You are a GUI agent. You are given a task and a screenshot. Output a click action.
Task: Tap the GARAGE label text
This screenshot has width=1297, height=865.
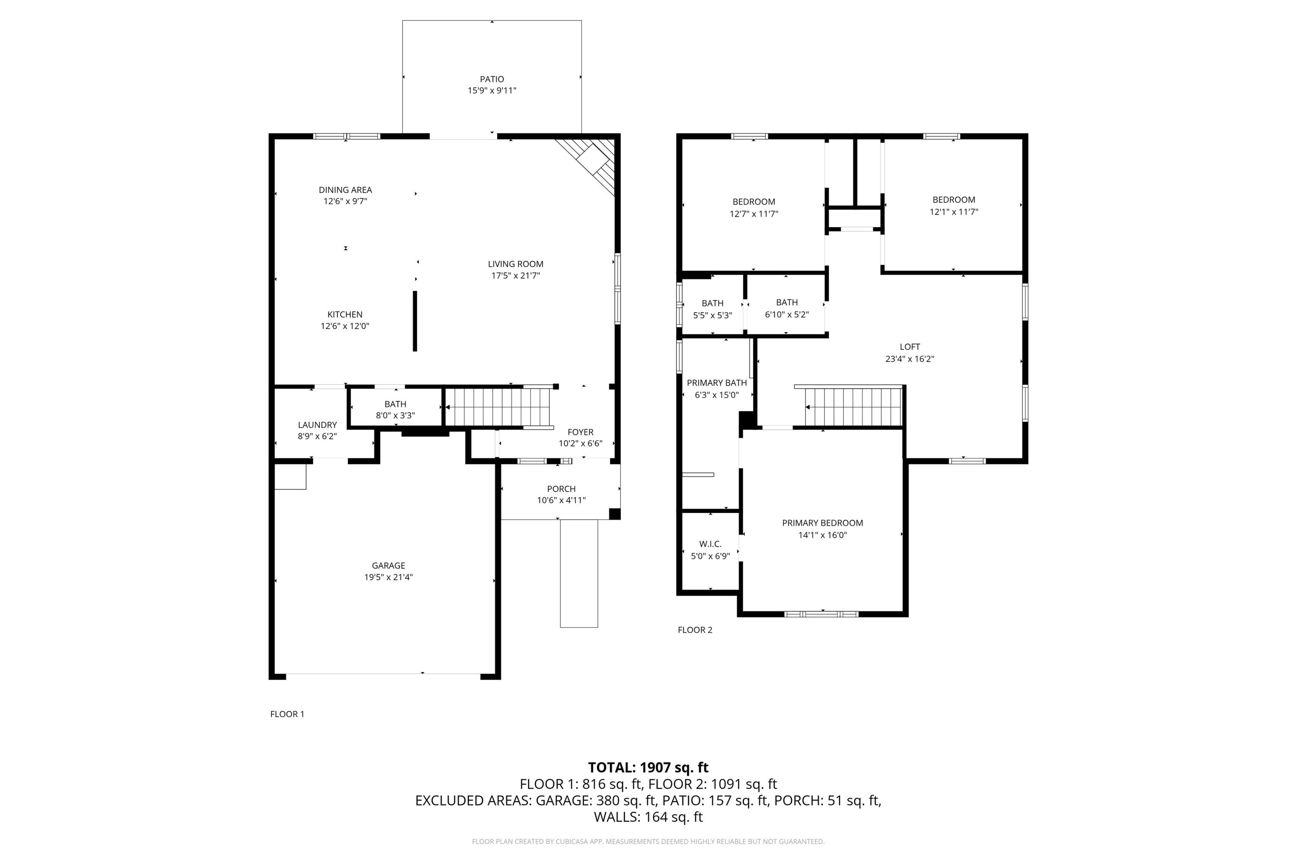pos(388,565)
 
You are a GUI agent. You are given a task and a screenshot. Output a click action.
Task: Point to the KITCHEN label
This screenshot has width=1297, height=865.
pos(345,314)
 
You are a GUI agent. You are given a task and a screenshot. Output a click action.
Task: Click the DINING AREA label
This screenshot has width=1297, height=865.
pos(345,190)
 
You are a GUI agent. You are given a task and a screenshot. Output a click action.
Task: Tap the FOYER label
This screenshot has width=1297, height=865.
pos(581,432)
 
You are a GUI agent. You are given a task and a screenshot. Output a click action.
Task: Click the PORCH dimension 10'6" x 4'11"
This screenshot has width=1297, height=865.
pos(561,500)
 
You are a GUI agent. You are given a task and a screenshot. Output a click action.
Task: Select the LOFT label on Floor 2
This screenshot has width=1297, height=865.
pos(910,346)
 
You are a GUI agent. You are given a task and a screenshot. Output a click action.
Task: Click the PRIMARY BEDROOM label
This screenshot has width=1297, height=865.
pos(823,523)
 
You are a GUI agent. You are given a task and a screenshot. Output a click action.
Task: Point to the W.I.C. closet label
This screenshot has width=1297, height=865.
pos(710,544)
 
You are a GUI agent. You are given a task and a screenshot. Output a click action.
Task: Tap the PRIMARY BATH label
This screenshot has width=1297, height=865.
pos(717,383)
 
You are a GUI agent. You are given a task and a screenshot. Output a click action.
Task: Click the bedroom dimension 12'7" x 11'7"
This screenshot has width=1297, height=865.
pos(754,214)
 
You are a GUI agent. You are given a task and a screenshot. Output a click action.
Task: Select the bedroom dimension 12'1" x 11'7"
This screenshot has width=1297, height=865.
pos(954,212)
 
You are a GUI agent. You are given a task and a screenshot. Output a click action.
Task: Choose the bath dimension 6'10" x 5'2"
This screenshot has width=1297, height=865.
pos(787,315)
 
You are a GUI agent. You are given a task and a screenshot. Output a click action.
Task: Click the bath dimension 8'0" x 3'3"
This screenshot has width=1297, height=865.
pos(396,415)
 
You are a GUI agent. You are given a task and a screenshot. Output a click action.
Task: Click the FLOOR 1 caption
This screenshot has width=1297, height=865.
pos(288,714)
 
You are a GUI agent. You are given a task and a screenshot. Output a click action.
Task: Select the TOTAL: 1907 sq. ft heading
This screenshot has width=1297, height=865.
pos(648,767)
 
